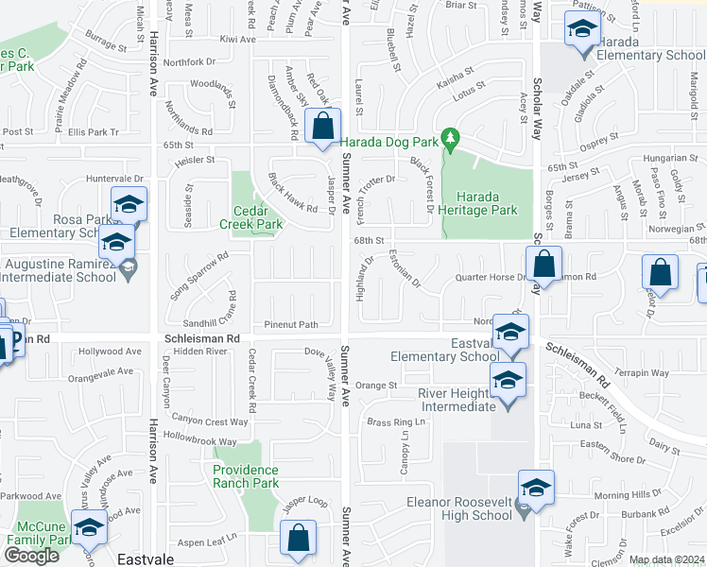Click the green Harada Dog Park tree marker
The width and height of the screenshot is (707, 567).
451,141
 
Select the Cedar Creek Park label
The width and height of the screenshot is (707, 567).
251,217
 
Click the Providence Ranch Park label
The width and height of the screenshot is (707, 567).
246,476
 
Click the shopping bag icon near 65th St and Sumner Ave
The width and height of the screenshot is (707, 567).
323,127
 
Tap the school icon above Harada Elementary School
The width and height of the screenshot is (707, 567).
580,31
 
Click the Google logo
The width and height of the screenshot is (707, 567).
31,556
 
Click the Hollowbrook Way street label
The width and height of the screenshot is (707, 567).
198,441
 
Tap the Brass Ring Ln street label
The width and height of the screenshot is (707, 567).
390,422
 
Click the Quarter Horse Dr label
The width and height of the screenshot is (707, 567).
489,277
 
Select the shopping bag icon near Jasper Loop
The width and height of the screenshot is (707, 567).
300,541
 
